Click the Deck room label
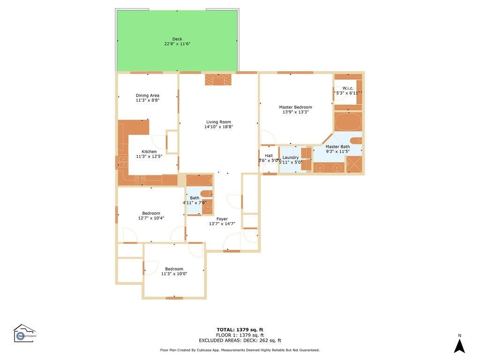click(x=177, y=39)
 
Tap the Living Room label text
click(x=218, y=122)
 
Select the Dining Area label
click(x=148, y=96)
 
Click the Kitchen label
click(x=149, y=151)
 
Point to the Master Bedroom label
click(x=295, y=107)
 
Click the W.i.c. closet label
click(x=348, y=88)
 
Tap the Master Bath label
click(x=337, y=147)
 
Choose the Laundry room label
click(x=291, y=157)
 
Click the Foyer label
click(x=222, y=219)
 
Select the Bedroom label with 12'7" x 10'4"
click(x=151, y=213)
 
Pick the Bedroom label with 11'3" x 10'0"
click(x=174, y=269)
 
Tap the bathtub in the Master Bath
click(x=348, y=121)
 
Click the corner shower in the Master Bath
click(x=354, y=165)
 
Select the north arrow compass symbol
click(x=459, y=345)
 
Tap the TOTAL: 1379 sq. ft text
click(x=240, y=330)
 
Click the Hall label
click(x=269, y=156)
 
